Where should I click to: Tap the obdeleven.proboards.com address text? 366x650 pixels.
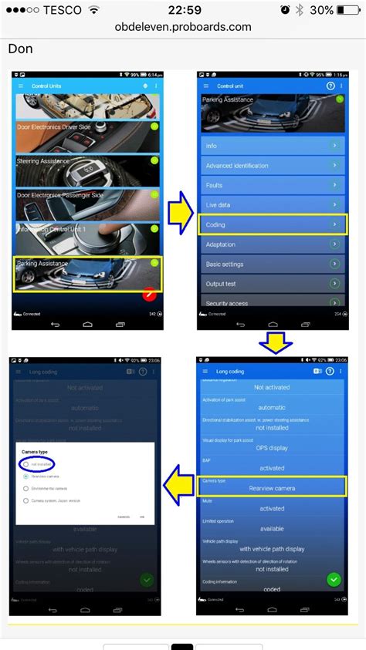183,26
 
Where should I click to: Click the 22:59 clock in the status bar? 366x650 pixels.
183,9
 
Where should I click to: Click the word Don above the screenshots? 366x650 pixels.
20,49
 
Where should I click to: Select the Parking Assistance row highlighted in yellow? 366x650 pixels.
86,274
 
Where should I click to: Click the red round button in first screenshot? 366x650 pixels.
151,295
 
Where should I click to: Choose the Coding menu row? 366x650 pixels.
271,224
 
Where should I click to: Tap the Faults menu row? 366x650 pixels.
271,185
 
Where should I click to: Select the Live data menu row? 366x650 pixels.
271,205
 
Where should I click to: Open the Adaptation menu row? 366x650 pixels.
271,244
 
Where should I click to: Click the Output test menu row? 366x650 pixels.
271,284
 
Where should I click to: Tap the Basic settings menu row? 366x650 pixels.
271,264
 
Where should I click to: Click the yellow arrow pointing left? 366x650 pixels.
178,483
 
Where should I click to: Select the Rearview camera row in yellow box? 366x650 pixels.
271,486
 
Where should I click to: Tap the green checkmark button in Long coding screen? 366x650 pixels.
333,578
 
